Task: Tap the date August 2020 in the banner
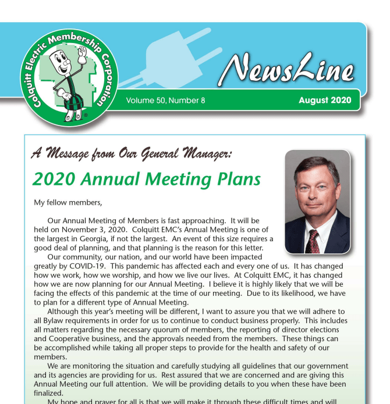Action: [324, 100]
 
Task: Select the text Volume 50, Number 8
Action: [165, 101]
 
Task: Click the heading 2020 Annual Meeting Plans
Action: [146, 179]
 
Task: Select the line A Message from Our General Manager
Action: [132, 153]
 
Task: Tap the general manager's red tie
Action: [314, 240]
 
